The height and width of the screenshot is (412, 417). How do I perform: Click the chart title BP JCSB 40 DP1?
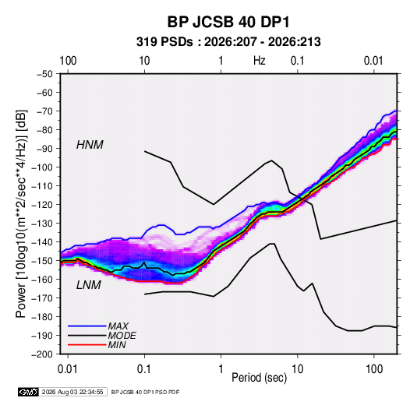coord(228,22)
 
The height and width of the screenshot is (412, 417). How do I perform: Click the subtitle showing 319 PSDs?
coord(228,42)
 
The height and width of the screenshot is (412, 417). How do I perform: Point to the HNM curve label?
coord(90,145)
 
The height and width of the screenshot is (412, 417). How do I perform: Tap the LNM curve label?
coord(89,285)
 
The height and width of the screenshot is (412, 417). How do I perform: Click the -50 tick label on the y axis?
coord(44,74)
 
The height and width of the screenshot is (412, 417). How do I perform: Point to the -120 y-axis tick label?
coord(42,205)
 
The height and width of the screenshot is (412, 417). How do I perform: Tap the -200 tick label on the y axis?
coord(42,354)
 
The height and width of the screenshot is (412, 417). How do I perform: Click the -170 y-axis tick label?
coord(42,298)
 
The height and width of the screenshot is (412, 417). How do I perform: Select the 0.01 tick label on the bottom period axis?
coord(68,369)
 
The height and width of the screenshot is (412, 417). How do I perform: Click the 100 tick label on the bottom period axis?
coord(374,369)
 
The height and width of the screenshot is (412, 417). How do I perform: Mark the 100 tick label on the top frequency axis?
coord(68,61)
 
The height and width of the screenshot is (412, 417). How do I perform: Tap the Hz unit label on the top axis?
coord(260,61)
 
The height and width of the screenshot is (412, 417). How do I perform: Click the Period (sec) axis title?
coord(260,378)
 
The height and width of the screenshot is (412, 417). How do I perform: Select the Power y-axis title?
coord(21,213)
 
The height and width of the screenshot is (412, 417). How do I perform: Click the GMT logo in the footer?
coord(28,392)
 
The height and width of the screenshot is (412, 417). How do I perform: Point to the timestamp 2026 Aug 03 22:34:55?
coord(72,392)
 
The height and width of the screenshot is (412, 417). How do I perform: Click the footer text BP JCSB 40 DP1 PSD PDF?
coord(145,392)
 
